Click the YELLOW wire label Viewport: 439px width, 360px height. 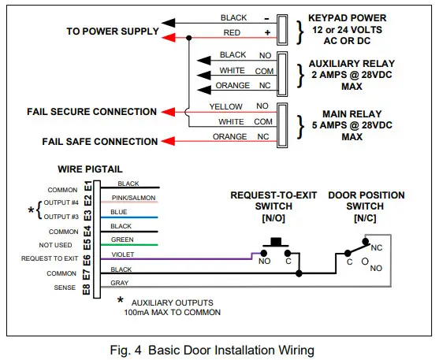pos(225,106)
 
